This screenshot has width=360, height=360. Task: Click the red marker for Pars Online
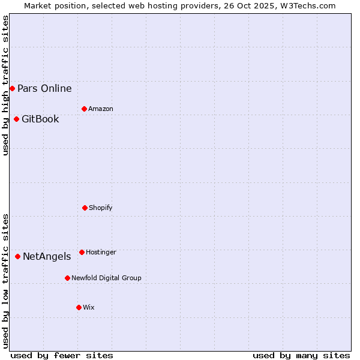click(12, 89)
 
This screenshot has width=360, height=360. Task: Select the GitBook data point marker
click(16, 119)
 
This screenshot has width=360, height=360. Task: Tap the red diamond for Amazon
click(84, 109)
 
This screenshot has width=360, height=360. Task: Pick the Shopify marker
click(85, 208)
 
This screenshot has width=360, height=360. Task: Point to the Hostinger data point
click(82, 252)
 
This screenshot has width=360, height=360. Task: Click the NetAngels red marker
click(17, 256)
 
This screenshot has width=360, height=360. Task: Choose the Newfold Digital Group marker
click(67, 278)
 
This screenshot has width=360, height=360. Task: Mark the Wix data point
click(79, 307)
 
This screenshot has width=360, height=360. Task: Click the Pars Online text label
click(44, 89)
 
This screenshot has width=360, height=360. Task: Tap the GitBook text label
click(40, 119)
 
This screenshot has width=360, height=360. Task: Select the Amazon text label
click(101, 109)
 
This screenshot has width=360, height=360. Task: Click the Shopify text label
click(101, 208)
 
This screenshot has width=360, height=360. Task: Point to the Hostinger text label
click(101, 252)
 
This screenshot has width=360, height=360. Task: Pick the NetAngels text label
click(47, 257)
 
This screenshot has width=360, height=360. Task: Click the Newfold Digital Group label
click(106, 278)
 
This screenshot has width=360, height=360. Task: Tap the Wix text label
click(89, 307)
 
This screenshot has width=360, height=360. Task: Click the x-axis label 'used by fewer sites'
click(62, 355)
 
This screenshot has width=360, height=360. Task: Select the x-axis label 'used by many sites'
click(301, 355)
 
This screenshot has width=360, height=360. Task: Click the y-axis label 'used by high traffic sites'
click(5, 85)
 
